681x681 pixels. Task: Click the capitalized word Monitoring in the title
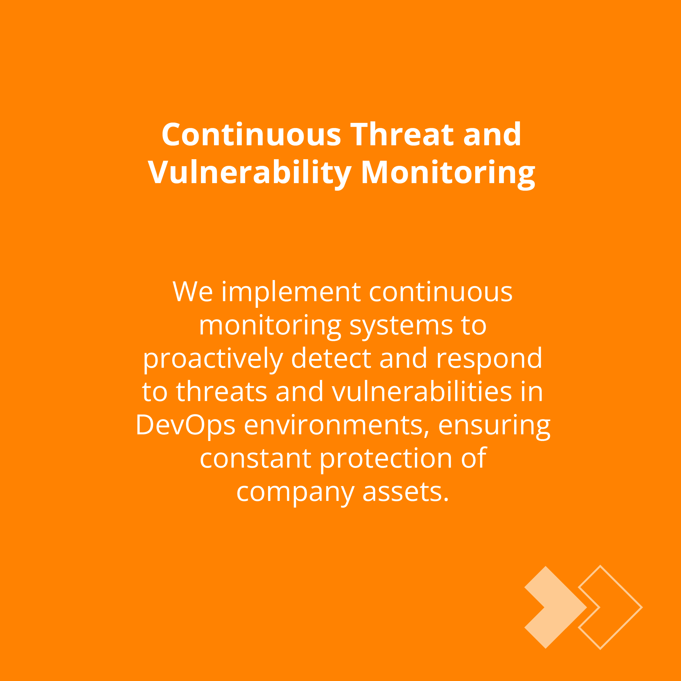click(448, 173)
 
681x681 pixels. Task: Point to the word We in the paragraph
click(192, 292)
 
